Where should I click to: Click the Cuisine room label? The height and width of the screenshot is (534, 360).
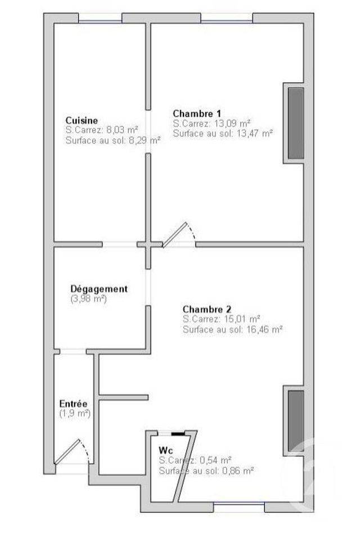click(82, 120)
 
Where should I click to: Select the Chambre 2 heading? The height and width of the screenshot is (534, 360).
click(207, 309)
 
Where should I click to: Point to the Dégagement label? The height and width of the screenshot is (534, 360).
click(99, 289)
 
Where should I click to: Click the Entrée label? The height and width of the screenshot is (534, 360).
click(73, 404)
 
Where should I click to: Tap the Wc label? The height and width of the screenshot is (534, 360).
click(165, 450)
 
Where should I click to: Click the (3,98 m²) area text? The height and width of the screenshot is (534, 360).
click(89, 299)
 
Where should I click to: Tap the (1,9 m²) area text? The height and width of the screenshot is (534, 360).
click(75, 414)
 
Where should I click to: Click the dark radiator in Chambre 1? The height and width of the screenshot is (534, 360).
click(296, 123)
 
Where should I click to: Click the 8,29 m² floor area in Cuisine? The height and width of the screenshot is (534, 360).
click(142, 140)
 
